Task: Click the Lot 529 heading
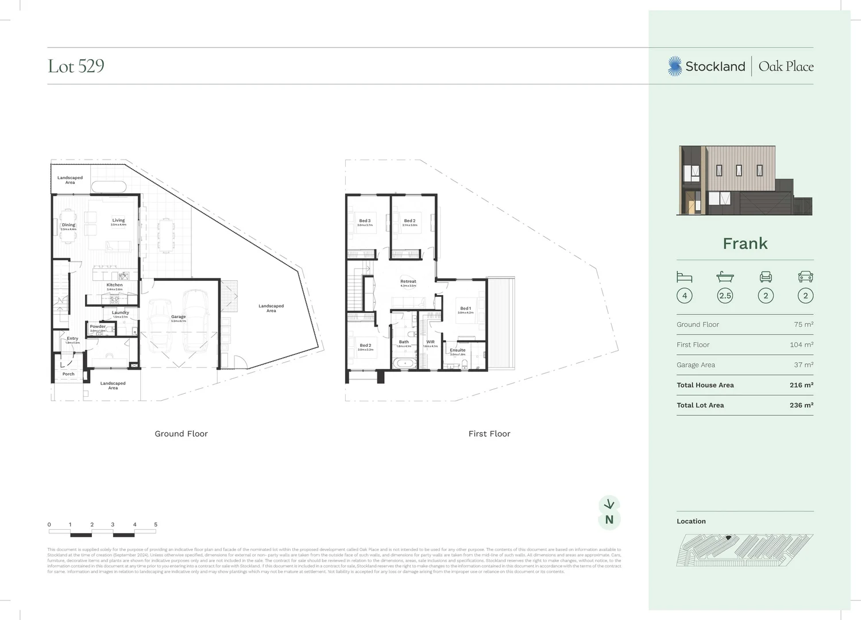pos(76,66)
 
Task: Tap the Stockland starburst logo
pos(675,66)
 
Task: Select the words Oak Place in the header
pos(786,66)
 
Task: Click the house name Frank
pos(745,243)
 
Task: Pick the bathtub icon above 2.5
pos(725,277)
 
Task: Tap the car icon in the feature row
pos(805,277)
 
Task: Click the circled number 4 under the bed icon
pos(684,296)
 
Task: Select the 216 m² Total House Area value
pos(801,385)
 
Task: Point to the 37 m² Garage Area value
pos(804,365)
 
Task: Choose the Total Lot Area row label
pos(700,405)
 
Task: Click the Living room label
pos(118,220)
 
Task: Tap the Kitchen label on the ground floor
pos(114,285)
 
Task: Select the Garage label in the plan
pos(178,317)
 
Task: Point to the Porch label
pos(68,374)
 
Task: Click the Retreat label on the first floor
pos(408,282)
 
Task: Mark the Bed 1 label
pos(465,308)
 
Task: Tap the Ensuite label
pos(458,350)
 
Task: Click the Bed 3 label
pos(365,221)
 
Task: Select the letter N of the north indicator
pos(609,520)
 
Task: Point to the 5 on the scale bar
pos(156,525)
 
